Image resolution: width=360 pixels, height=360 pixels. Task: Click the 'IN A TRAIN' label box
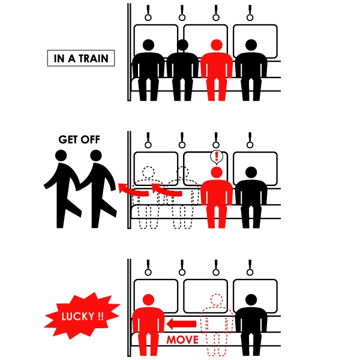[x=81, y=58]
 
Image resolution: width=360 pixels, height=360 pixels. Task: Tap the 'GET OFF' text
[x=79, y=140]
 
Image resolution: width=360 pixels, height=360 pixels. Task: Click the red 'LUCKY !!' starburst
[x=82, y=316]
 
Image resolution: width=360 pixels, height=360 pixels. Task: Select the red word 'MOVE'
[x=182, y=340]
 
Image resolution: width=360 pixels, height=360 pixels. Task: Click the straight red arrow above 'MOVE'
[x=181, y=324]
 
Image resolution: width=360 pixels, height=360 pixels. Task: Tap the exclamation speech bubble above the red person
[x=217, y=157]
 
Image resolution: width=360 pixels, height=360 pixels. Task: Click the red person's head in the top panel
[x=217, y=45]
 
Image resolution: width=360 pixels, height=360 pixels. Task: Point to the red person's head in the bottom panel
[x=148, y=300]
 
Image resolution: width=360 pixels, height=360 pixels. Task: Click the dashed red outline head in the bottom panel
[x=217, y=300]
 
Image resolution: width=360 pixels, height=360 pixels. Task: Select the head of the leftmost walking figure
[x=61, y=155]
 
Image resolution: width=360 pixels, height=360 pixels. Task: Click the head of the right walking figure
[x=96, y=155]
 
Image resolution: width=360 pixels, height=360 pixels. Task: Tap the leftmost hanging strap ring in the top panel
[x=148, y=17]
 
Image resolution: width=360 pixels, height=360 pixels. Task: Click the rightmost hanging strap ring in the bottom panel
[x=250, y=272]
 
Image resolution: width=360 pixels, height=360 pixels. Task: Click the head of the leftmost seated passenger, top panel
[x=148, y=45]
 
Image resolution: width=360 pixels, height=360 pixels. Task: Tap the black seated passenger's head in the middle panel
[x=251, y=172]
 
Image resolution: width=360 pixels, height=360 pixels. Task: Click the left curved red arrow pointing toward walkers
[x=133, y=190]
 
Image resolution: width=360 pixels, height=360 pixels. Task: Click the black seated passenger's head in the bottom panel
[x=251, y=300]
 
